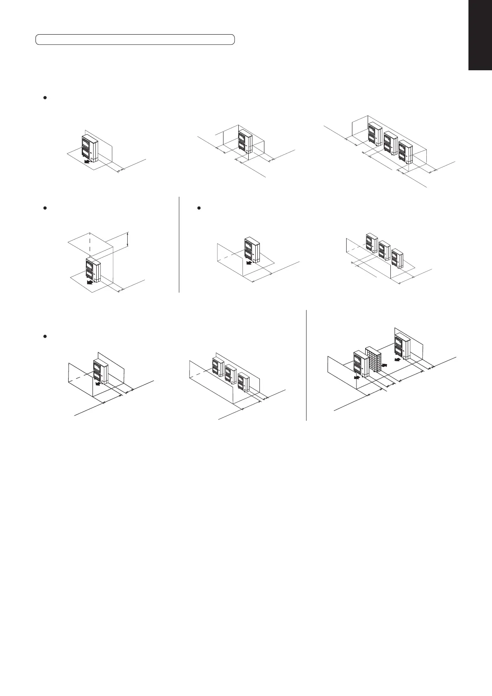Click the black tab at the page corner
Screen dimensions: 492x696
click(x=480, y=35)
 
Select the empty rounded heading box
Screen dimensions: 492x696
click(x=135, y=39)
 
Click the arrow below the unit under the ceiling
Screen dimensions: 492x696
click(x=88, y=283)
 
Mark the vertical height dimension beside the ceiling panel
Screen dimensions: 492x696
click(x=128, y=239)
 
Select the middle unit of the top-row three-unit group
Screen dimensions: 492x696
click(x=390, y=143)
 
